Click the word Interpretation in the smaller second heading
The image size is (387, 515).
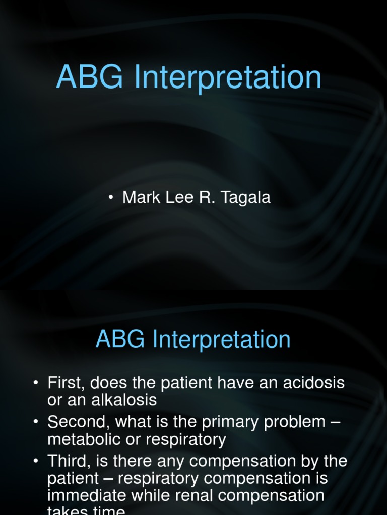(x=222, y=340)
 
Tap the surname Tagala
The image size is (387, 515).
(x=245, y=197)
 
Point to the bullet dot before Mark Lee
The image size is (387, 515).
(x=110, y=198)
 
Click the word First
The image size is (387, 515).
(x=64, y=383)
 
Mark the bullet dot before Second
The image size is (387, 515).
(x=36, y=422)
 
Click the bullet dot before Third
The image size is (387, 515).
(x=36, y=461)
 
